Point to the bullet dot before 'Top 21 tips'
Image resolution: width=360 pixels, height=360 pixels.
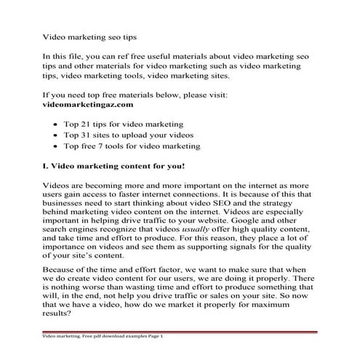point(57,125)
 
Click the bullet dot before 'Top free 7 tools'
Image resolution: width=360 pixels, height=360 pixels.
point(57,146)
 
